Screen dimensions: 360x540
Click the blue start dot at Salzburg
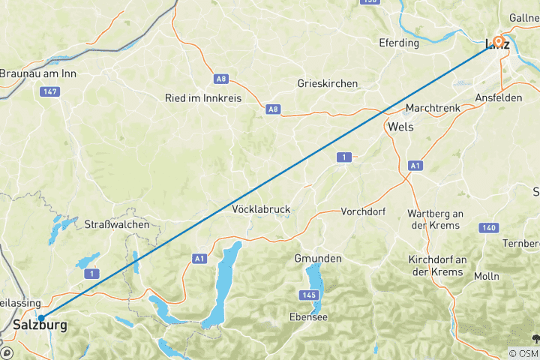(x=41, y=318)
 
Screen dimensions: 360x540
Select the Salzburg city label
(x=40, y=326)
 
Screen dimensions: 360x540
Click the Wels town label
(x=400, y=127)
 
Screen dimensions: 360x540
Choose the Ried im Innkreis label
(x=203, y=98)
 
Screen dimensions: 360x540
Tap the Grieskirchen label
(x=327, y=83)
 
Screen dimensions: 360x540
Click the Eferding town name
(x=399, y=43)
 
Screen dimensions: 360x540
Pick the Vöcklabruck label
(x=261, y=209)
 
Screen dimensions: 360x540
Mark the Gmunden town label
(x=317, y=258)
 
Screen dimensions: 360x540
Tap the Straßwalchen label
(x=116, y=224)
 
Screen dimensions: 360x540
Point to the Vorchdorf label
(x=363, y=211)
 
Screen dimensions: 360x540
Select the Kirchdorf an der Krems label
(x=436, y=265)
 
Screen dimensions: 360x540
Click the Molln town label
(x=486, y=276)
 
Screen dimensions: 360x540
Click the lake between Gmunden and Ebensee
(x=316, y=283)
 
